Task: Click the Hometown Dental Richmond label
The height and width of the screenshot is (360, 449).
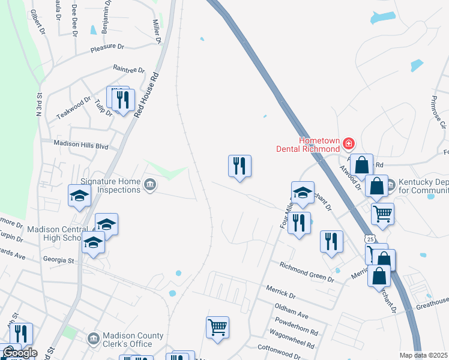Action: [307, 144]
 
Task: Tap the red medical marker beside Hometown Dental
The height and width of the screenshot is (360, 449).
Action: [349, 143]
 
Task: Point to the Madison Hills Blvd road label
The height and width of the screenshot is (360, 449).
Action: [81, 144]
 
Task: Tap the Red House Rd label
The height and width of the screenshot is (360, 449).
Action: [146, 95]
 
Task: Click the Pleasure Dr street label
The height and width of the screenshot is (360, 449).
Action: [107, 47]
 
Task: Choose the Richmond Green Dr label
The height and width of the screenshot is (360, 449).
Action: [307, 272]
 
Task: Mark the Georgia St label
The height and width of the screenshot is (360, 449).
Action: [58, 260]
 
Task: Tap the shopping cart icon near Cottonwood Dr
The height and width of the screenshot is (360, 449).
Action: [217, 328]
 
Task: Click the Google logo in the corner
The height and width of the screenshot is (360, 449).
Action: [20, 353]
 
